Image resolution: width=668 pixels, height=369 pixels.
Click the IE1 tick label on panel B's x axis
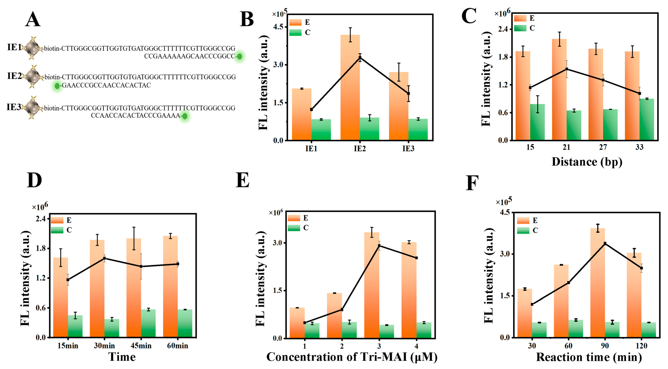[x=311, y=149]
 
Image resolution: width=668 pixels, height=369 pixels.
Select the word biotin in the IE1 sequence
[x=52, y=48]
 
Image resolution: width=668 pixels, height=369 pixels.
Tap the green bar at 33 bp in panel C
[x=647, y=119]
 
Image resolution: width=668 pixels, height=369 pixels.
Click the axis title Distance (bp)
[x=587, y=162]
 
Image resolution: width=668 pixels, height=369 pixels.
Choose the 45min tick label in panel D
[x=141, y=346]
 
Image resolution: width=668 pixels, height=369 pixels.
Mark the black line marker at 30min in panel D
[x=104, y=258]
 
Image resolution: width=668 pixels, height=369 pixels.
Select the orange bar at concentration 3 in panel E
[x=372, y=285]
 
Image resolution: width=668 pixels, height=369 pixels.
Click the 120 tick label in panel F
[x=641, y=346]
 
